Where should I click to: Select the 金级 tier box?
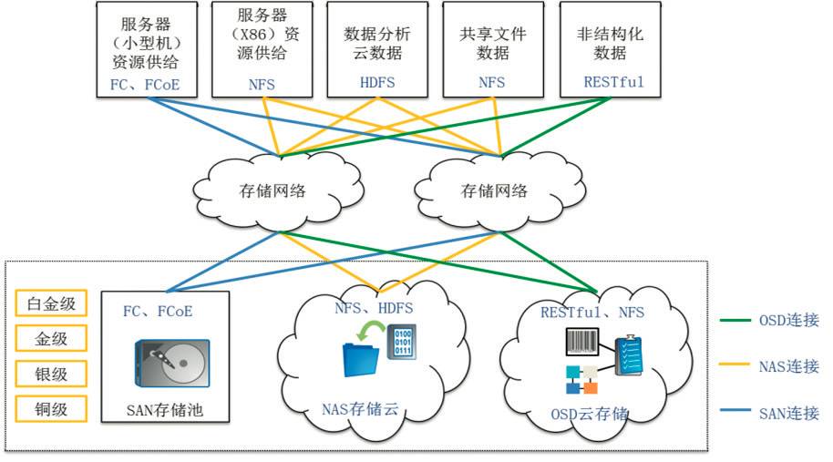pos(51,339)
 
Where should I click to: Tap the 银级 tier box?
pos(51,373)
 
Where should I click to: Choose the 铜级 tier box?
pos(51,407)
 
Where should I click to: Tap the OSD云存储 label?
pos(589,413)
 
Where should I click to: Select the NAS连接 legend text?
pos(788,366)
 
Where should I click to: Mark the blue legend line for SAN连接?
pos(735,413)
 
